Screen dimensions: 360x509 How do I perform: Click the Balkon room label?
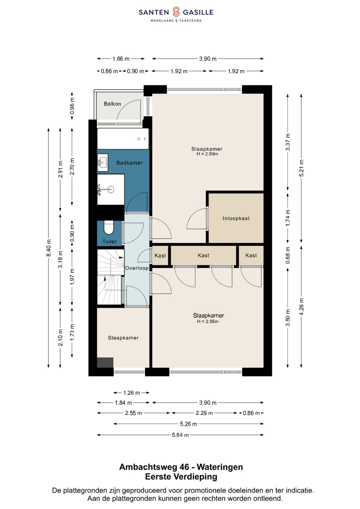click(x=112, y=104)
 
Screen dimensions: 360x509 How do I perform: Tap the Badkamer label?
click(x=129, y=163)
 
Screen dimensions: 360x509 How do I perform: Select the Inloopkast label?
click(x=236, y=218)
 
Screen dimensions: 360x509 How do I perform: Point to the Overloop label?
click(x=137, y=268)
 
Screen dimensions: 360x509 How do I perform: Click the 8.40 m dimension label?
click(x=48, y=248)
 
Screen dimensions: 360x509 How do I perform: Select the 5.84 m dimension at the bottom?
click(x=180, y=435)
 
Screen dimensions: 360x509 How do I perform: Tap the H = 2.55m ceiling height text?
click(x=208, y=321)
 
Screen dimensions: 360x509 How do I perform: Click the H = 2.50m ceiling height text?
click(x=207, y=154)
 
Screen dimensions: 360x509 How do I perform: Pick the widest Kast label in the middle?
click(x=203, y=255)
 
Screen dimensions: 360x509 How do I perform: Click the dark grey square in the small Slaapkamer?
click(x=105, y=362)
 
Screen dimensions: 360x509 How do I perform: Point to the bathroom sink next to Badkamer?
click(x=103, y=162)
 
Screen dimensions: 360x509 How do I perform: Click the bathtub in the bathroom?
click(x=123, y=139)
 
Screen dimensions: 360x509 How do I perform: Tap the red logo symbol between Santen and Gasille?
click(x=176, y=12)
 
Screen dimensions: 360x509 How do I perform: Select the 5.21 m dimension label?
click(x=301, y=168)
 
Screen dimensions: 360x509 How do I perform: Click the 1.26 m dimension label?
click(x=131, y=393)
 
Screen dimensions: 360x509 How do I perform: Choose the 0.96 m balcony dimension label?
click(x=72, y=106)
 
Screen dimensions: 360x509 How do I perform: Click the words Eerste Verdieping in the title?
click(x=181, y=477)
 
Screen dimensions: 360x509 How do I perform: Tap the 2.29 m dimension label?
click(x=204, y=413)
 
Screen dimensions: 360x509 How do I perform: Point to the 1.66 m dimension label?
click(x=121, y=59)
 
